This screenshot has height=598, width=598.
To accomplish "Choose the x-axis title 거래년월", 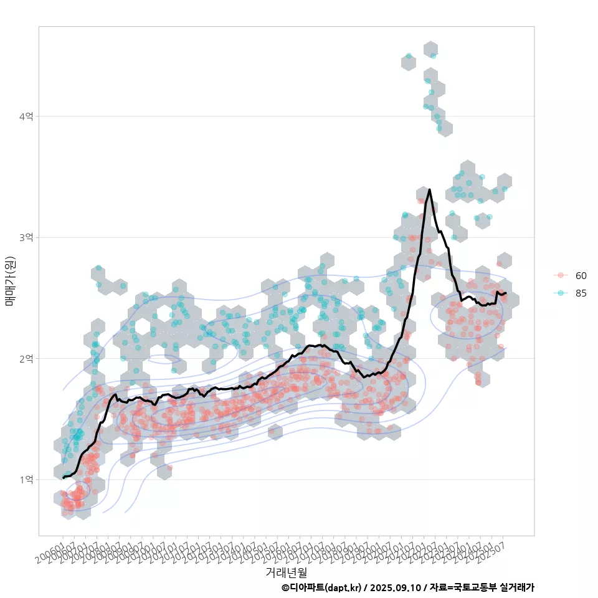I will (x=286, y=572).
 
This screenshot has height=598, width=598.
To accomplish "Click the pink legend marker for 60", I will (x=561, y=275).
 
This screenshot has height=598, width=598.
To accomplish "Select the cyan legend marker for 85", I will (x=561, y=293).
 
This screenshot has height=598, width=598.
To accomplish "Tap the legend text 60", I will (x=581, y=275).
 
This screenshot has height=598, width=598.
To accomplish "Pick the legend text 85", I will (x=581, y=293).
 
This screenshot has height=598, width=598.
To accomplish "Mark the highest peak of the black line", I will (x=429, y=189).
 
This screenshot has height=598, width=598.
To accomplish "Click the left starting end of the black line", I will (x=63, y=478).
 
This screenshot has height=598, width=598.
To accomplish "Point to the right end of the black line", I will (x=506, y=293).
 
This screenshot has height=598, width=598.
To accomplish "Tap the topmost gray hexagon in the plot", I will (x=430, y=49).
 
